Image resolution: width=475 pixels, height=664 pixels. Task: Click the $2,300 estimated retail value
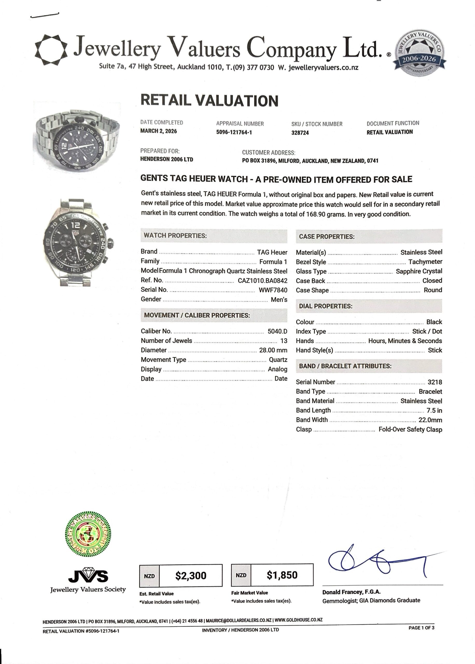(191, 576)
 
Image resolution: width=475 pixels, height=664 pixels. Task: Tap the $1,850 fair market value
(282, 575)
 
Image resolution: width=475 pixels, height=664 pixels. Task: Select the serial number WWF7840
(273, 290)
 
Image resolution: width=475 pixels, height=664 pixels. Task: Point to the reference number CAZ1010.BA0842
(262, 281)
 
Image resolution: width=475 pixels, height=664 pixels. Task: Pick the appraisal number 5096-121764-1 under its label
(234, 132)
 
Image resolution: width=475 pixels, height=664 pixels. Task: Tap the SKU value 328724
(300, 133)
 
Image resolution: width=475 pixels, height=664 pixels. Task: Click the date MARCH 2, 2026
(158, 131)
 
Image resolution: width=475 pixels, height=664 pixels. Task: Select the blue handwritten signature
(377, 563)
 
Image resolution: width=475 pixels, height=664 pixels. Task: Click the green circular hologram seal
(88, 534)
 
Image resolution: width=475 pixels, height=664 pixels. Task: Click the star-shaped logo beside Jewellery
(51, 50)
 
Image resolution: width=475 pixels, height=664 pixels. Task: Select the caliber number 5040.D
(277, 331)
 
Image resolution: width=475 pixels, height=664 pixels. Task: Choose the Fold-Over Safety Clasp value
(410, 430)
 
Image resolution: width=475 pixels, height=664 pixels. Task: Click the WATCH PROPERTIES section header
(175, 236)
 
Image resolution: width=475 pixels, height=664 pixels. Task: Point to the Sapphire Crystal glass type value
(419, 271)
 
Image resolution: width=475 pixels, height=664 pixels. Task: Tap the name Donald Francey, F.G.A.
(351, 592)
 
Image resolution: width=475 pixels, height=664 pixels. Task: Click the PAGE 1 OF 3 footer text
(421, 628)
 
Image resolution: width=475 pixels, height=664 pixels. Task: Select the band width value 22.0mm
(430, 420)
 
